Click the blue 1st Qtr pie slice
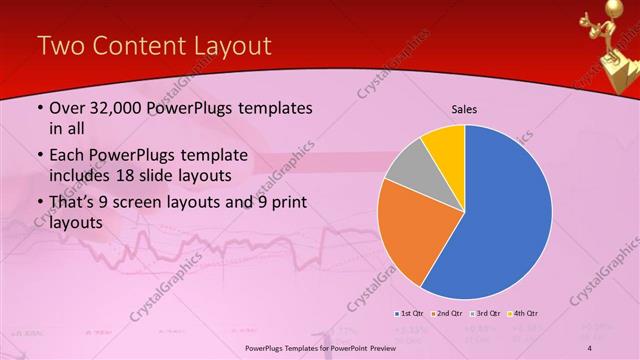pyautogui.click(x=505, y=215)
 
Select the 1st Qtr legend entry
pyautogui.click(x=410, y=313)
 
